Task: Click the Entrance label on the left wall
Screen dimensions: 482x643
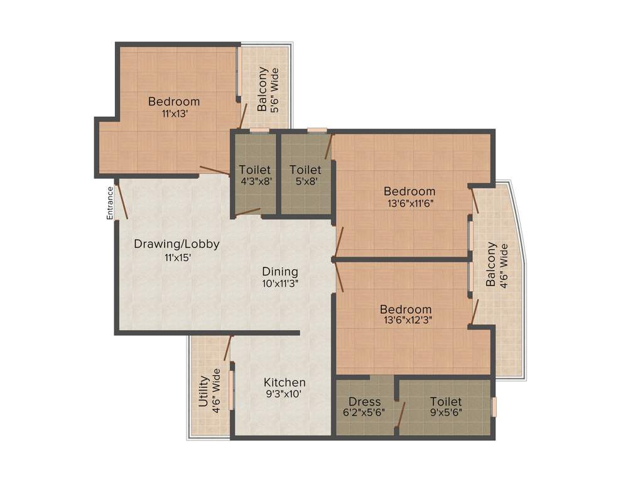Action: [x=109, y=203]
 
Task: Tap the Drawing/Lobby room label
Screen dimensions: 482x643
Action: [x=176, y=244]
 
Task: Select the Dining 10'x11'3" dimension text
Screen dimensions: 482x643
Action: [x=280, y=283]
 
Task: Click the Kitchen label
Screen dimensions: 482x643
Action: [x=284, y=382]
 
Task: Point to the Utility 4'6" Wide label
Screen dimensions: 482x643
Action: [x=210, y=390]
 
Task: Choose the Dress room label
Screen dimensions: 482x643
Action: [x=365, y=402]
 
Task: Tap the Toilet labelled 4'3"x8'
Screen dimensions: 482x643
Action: [x=255, y=169]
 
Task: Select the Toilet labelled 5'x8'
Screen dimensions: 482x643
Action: [x=306, y=169]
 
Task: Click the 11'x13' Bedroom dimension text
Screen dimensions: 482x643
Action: [x=175, y=114]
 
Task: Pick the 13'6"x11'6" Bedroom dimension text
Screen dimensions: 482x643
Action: [x=409, y=203]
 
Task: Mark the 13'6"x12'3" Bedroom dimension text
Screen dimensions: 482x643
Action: [x=406, y=321]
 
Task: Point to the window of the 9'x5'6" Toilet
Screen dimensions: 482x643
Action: [x=494, y=407]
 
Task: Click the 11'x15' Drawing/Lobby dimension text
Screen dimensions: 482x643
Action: [x=176, y=257]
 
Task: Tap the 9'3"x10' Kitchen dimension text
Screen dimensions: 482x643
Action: [x=284, y=395]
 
